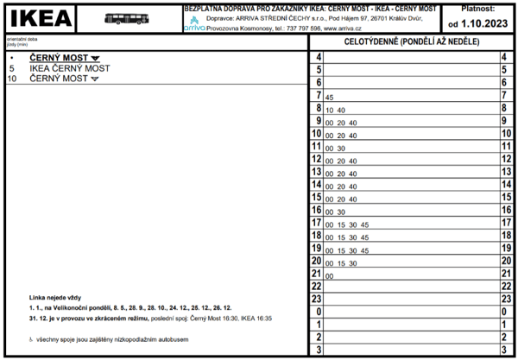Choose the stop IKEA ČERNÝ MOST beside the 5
pyautogui.click(x=70, y=68)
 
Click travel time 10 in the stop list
pyautogui.click(x=12, y=79)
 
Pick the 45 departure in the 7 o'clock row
pyautogui.click(x=330, y=98)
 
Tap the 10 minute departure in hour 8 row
pyautogui.click(x=341, y=111)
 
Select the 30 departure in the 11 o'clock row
pyautogui.click(x=341, y=148)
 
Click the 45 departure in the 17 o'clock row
pyautogui.click(x=364, y=224)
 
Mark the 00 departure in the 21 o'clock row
pyautogui.click(x=329, y=275)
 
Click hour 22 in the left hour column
pyautogui.click(x=317, y=286)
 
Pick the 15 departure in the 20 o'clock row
pyautogui.click(x=341, y=262)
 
